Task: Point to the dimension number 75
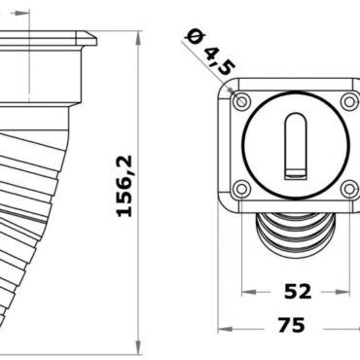point(291,324)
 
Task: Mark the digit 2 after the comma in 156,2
point(125,159)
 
